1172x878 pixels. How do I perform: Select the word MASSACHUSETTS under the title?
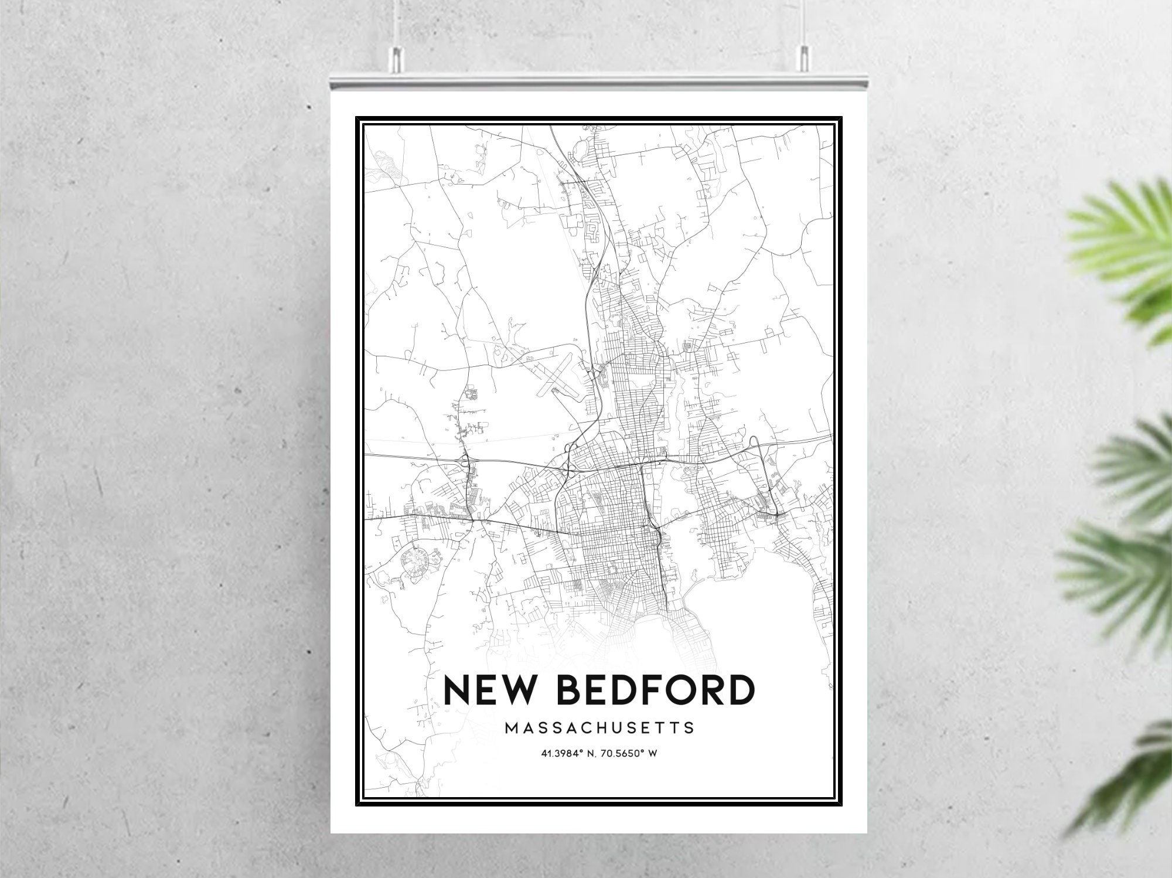pos(599,729)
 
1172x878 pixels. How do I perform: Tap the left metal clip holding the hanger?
pos(397,56)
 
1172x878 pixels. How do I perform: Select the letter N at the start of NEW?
pos(456,690)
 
